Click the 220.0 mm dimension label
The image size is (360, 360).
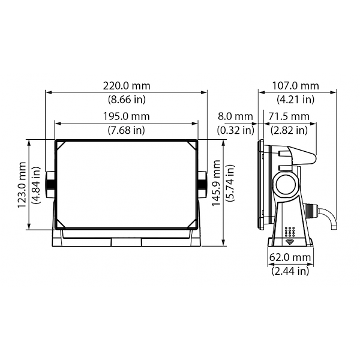(x=127, y=86)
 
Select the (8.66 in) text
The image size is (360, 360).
(x=127, y=100)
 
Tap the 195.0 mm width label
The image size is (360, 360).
(x=126, y=116)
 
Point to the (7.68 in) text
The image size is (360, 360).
(x=126, y=130)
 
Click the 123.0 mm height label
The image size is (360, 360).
(x=22, y=185)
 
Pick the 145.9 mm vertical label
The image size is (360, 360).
(x=216, y=183)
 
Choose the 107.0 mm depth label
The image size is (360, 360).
(x=295, y=86)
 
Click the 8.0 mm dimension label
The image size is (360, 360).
(x=235, y=116)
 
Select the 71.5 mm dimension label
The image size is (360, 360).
(x=289, y=116)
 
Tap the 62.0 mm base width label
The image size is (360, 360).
(x=290, y=257)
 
